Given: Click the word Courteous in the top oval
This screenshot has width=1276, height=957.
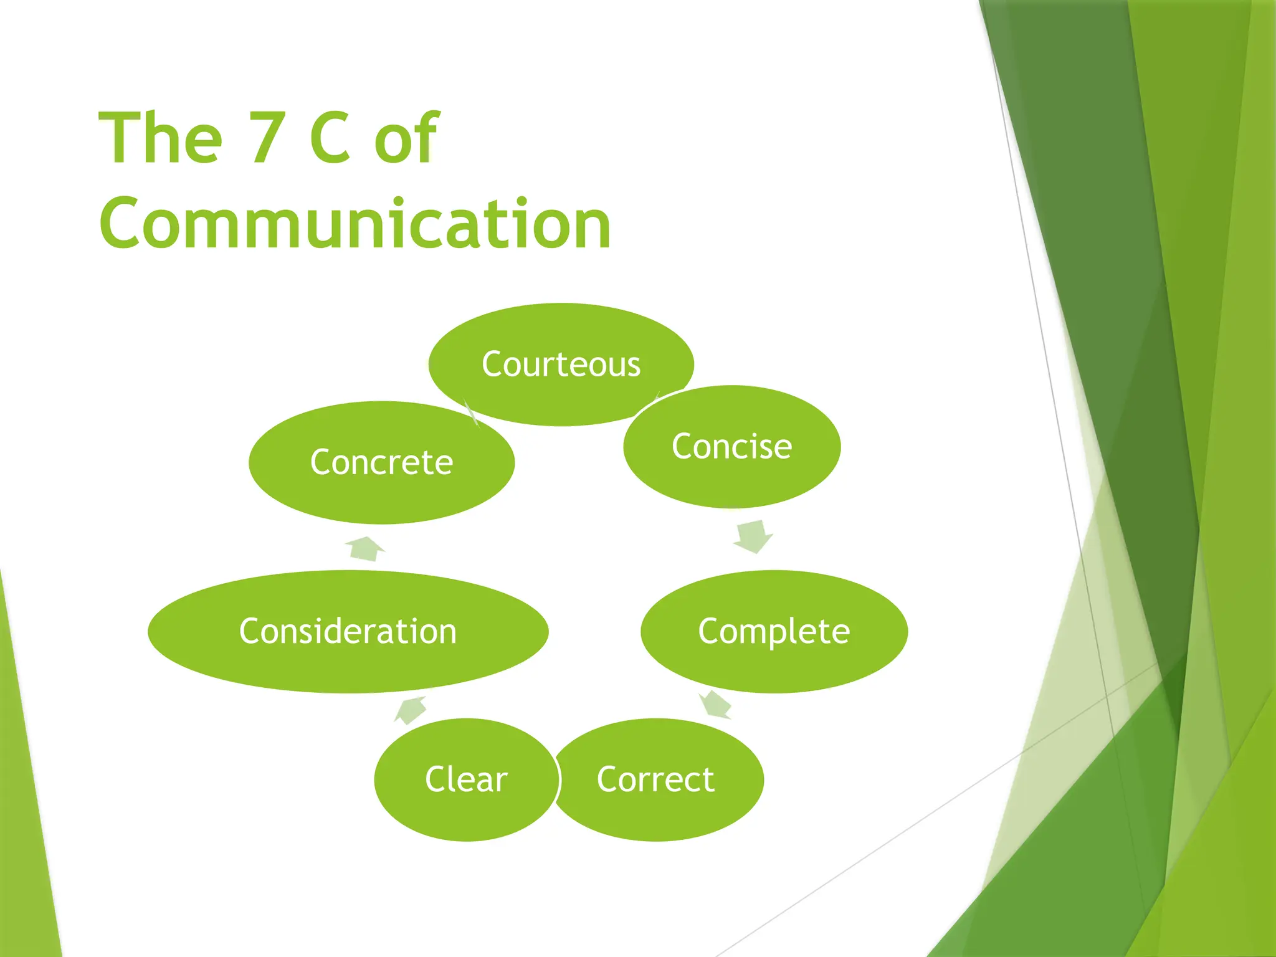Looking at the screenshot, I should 561,364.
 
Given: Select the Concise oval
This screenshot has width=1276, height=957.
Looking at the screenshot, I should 731,474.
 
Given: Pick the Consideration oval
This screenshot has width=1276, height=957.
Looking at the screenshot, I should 348,660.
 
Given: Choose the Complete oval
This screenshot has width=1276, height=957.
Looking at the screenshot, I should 774,660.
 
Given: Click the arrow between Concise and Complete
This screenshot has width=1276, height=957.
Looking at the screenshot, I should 753,536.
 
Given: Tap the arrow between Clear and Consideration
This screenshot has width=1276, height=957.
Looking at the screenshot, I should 411,710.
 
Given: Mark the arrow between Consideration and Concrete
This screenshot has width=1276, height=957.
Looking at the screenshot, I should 366,549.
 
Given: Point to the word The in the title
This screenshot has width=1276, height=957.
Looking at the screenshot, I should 161,138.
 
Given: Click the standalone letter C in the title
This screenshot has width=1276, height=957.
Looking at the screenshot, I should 330,138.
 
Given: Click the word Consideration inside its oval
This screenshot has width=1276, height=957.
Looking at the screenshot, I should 348,631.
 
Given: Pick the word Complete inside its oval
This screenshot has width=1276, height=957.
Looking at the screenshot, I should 774,631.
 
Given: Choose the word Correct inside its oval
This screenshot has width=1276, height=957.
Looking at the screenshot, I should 655,779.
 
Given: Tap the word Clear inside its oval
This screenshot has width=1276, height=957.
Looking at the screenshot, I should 466,779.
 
